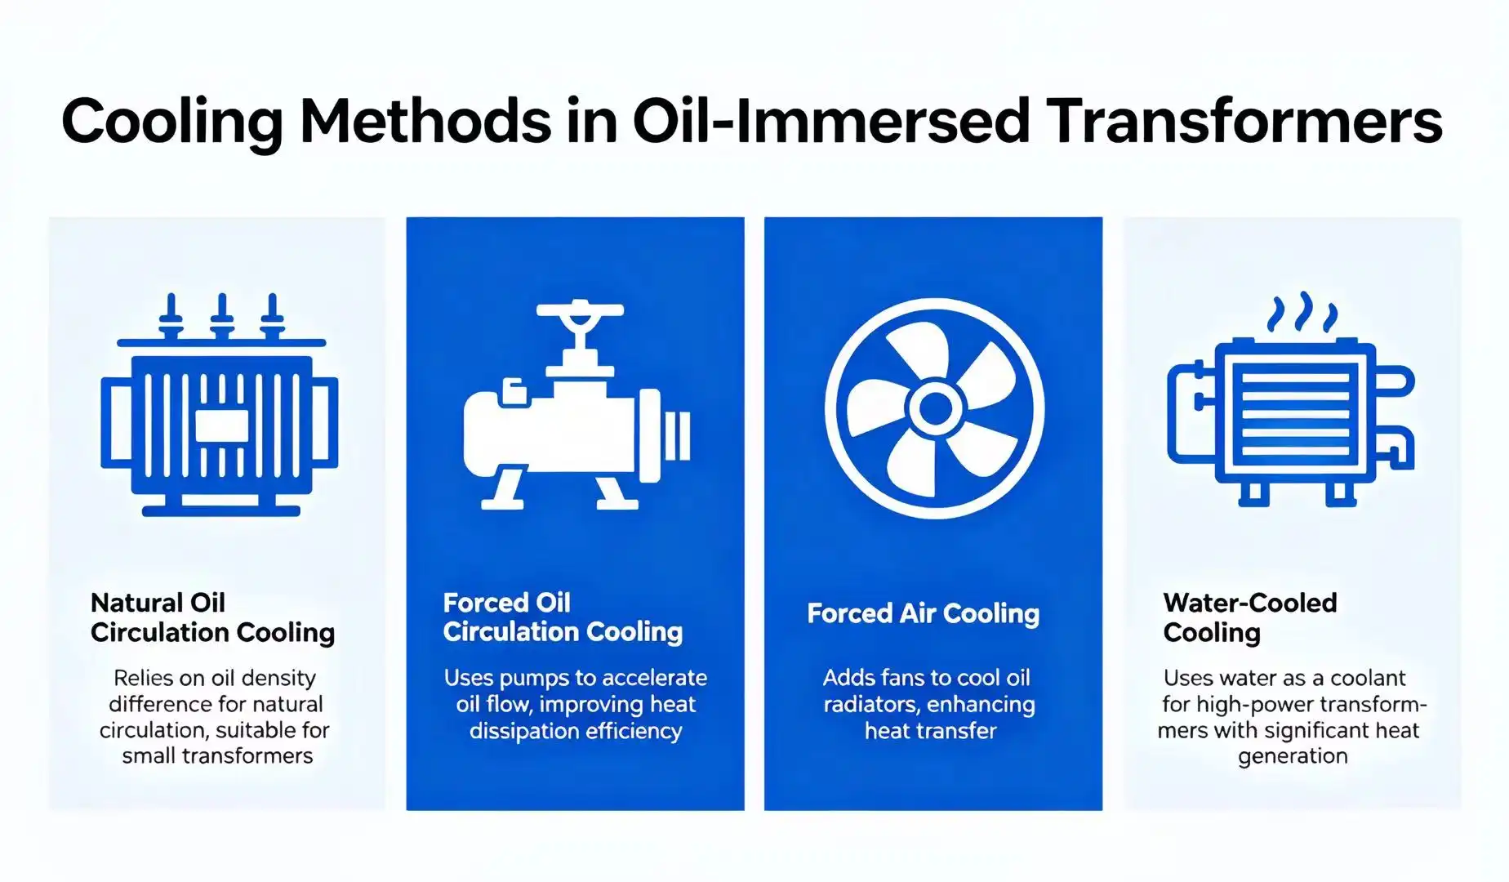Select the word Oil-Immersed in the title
click(830, 121)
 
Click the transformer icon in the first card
click(220, 404)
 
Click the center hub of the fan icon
click(934, 408)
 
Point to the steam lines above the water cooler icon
click(1302, 313)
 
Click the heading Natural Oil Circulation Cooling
click(212, 617)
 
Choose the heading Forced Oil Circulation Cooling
click(563, 617)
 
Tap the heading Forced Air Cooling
click(924, 613)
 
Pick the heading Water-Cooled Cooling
click(1250, 617)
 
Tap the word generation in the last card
click(1293, 757)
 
